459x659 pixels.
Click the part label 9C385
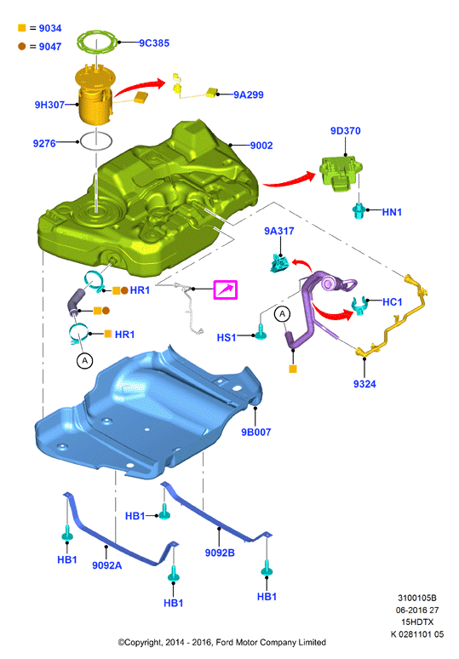click(154, 43)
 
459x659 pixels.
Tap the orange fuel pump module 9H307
click(95, 96)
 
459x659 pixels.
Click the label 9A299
click(249, 95)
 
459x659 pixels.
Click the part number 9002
click(261, 146)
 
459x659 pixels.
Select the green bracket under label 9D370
click(341, 173)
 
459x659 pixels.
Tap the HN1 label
click(392, 212)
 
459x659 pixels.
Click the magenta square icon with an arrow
click(226, 289)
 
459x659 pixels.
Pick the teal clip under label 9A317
click(280, 263)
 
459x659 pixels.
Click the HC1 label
click(393, 301)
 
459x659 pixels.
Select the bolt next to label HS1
click(261, 332)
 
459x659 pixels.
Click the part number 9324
click(364, 384)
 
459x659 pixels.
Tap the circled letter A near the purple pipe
click(282, 314)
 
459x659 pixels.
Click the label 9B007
click(256, 432)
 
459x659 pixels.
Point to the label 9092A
click(107, 565)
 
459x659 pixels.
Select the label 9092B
click(220, 553)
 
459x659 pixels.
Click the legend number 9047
click(50, 47)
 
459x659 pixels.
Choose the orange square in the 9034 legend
click(22, 28)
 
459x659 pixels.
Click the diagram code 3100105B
click(417, 598)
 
